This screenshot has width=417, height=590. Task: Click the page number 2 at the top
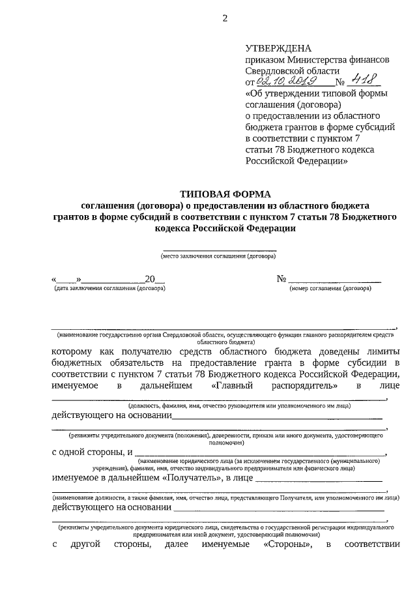(x=225, y=18)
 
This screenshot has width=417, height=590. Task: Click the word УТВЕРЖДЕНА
(x=278, y=48)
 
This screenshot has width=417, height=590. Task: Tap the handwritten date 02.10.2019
(x=286, y=81)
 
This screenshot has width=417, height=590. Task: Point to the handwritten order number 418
(x=363, y=81)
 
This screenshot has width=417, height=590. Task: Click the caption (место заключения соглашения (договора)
(x=219, y=256)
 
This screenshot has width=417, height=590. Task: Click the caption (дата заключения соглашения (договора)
(x=109, y=288)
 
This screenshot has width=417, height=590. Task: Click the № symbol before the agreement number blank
(x=282, y=278)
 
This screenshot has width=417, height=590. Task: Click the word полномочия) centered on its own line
(x=219, y=441)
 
